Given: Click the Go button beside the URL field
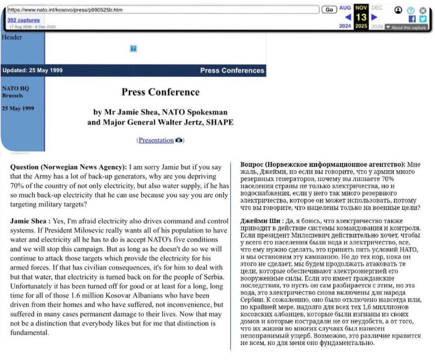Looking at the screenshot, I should coord(329,10).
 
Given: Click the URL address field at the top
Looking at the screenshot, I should coord(163,10).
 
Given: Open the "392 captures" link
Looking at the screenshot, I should coord(23,20).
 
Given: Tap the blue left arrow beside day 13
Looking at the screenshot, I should coord(348,18).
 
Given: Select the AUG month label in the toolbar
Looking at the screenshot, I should coord(345,8).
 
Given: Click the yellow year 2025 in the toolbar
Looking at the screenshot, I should coord(361,27).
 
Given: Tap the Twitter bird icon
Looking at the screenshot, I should coord(422,19).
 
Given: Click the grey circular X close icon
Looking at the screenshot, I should coord(422,10).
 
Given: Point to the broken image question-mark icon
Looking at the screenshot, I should coord(134,49).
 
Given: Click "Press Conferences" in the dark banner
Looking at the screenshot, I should coord(232,71).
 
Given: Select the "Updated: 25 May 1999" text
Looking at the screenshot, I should coord(32,71).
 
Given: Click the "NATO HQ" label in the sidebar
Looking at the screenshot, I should coord(15,88).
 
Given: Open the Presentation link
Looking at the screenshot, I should coord(156,140).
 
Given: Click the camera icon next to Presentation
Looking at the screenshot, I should coord(179,140).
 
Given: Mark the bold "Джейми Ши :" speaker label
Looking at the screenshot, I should coord(261,221).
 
